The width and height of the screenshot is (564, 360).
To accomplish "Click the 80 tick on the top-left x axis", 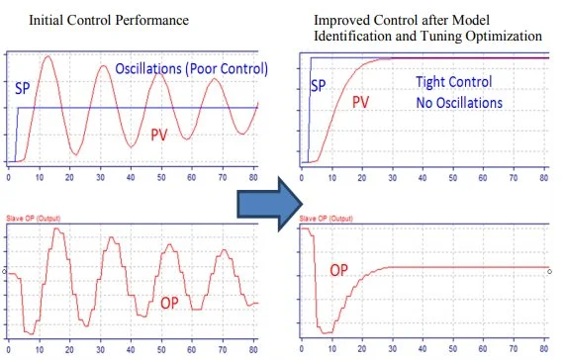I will click(x=253, y=175).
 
